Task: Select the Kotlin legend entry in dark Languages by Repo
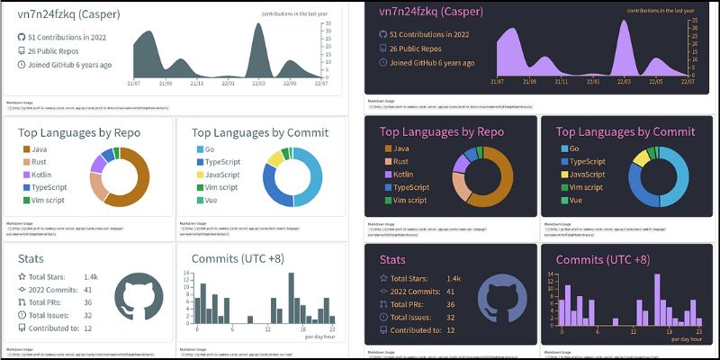(x=404, y=174)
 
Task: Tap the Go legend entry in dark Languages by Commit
(x=573, y=148)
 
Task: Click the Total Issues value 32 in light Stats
(x=88, y=316)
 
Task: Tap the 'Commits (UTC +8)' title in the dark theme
(x=602, y=260)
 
